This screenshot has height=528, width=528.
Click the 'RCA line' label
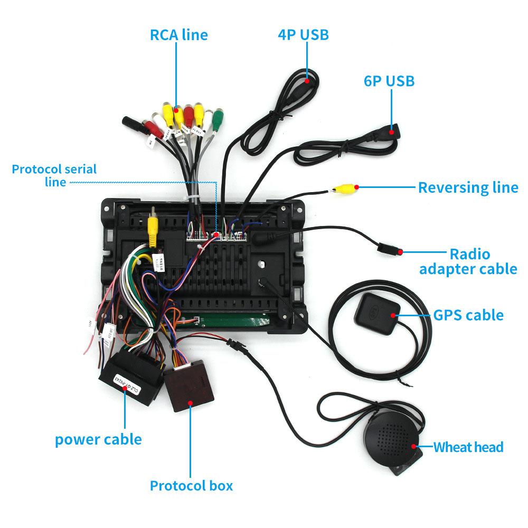pyautogui.click(x=179, y=35)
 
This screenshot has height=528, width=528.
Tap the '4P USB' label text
pyautogui.click(x=303, y=35)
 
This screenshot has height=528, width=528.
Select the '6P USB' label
pyautogui.click(x=389, y=81)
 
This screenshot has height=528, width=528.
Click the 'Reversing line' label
pyautogui.click(x=468, y=187)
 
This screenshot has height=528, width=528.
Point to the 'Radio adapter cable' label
pyautogui.click(x=468, y=261)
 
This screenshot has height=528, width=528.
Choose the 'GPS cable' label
pyautogui.click(x=468, y=315)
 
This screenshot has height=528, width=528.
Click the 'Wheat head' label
pyautogui.click(x=468, y=447)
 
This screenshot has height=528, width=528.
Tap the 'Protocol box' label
pyautogui.click(x=191, y=486)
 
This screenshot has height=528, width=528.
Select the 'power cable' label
pyautogui.click(x=98, y=439)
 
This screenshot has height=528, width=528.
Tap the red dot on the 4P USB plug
pyautogui.click(x=307, y=81)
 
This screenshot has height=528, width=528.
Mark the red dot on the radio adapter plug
pyautogui.click(x=401, y=252)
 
